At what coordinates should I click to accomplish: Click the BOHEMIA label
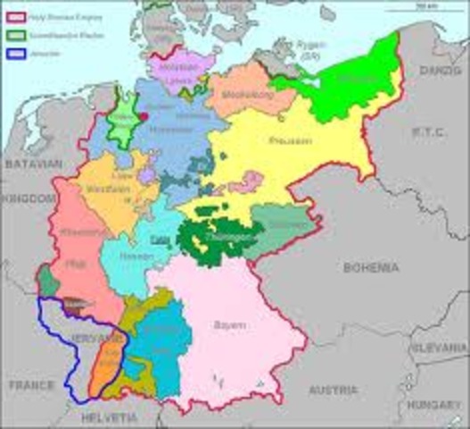point(370,267)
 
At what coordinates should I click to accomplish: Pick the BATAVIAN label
point(34,164)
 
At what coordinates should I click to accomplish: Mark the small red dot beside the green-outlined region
point(144,115)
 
